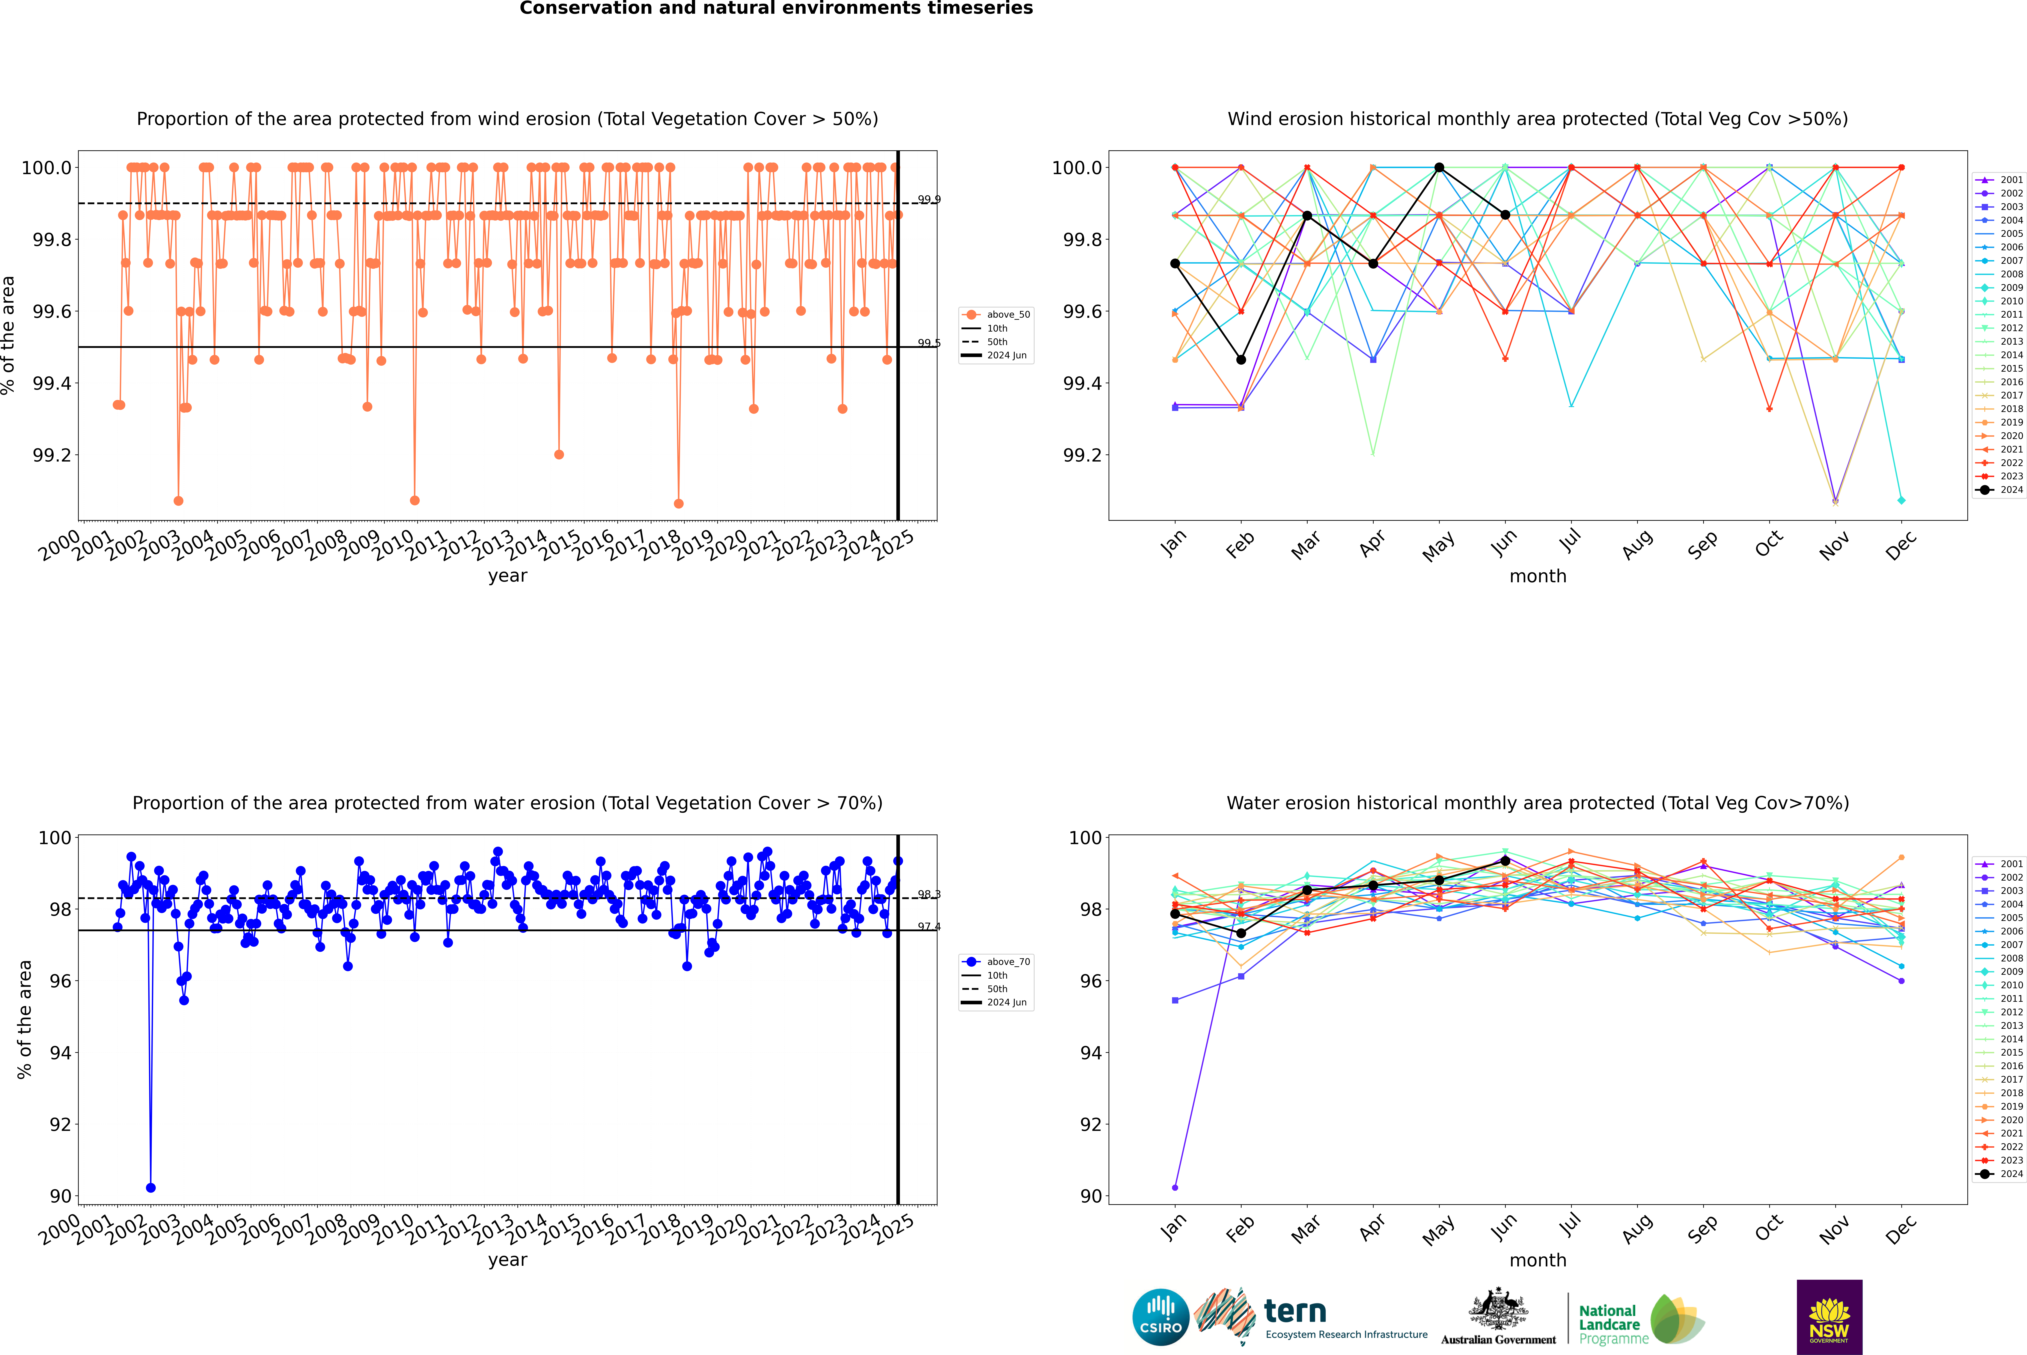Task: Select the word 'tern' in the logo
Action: (x=1294, y=1311)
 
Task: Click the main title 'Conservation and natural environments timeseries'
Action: (x=776, y=9)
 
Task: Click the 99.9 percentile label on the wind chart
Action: (x=929, y=200)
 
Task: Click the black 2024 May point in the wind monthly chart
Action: (x=1439, y=168)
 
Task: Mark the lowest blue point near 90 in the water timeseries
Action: (x=151, y=1187)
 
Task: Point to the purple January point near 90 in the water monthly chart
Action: (x=1175, y=1187)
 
